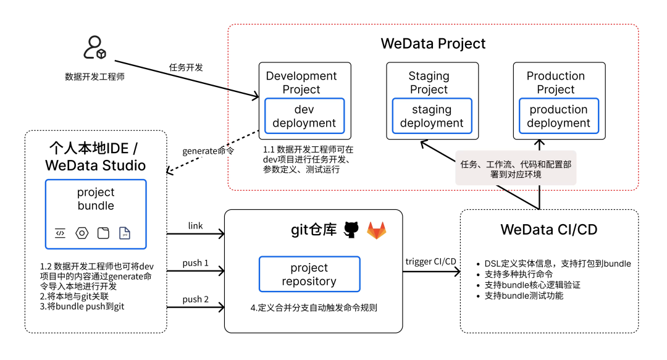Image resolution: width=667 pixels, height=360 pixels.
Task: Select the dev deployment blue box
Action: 304,116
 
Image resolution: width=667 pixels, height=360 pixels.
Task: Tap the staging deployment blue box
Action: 432,116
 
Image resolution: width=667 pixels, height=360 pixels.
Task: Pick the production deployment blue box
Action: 558,116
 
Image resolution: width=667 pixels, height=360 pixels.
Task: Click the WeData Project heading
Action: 433,43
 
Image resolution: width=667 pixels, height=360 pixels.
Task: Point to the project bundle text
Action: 96,199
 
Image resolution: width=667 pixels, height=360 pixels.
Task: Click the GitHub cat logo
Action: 351,230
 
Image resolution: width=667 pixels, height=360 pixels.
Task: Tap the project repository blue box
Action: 309,275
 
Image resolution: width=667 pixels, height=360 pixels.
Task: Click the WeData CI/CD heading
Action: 549,230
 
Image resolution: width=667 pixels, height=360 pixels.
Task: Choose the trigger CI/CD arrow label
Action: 430,261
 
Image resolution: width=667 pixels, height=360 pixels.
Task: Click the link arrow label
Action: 195,226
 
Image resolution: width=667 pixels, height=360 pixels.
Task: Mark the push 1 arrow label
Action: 195,263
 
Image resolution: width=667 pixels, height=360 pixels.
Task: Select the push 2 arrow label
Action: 195,299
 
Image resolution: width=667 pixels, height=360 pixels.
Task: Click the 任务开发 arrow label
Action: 186,67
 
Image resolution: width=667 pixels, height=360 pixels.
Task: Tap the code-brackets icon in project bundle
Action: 60,233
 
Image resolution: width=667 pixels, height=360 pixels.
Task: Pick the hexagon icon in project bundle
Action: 82,233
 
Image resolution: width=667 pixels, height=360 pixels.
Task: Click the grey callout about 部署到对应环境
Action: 516,168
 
